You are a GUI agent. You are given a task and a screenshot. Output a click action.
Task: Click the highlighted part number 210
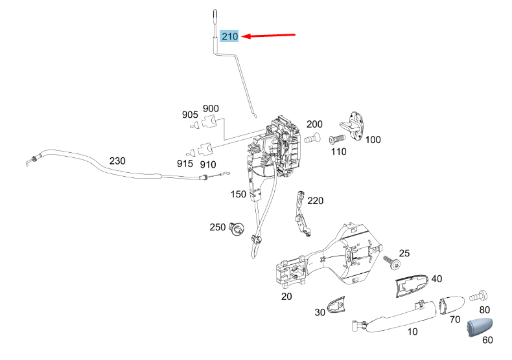tap(229, 36)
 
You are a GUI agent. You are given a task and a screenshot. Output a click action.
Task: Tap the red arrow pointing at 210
tap(268, 35)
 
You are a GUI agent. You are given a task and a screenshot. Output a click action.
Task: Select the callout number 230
tap(117, 161)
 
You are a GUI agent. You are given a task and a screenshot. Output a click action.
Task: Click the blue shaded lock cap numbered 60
tap(480, 327)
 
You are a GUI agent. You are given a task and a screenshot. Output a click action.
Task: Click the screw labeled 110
tap(337, 139)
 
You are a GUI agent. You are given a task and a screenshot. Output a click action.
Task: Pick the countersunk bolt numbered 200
tap(312, 139)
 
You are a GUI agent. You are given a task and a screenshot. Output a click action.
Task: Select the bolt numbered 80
tap(478, 296)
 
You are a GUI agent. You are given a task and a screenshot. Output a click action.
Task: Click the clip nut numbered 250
tap(237, 228)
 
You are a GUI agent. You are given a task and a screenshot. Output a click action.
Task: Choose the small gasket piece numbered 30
tap(336, 304)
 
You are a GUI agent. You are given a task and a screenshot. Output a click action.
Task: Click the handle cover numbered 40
tap(412, 285)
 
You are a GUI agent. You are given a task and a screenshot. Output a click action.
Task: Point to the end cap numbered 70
tap(452, 305)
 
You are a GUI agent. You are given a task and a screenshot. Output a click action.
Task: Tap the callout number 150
tap(239, 194)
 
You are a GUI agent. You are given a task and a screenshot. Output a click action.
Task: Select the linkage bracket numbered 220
tap(303, 214)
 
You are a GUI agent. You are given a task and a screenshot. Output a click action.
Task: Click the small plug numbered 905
tap(195, 125)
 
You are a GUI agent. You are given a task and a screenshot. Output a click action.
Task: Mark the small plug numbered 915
tap(191, 152)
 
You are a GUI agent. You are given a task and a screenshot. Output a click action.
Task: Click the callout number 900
tap(211, 108)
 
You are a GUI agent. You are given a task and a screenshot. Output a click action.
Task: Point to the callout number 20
tap(286, 297)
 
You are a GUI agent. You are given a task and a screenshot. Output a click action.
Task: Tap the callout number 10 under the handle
tap(412, 332)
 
